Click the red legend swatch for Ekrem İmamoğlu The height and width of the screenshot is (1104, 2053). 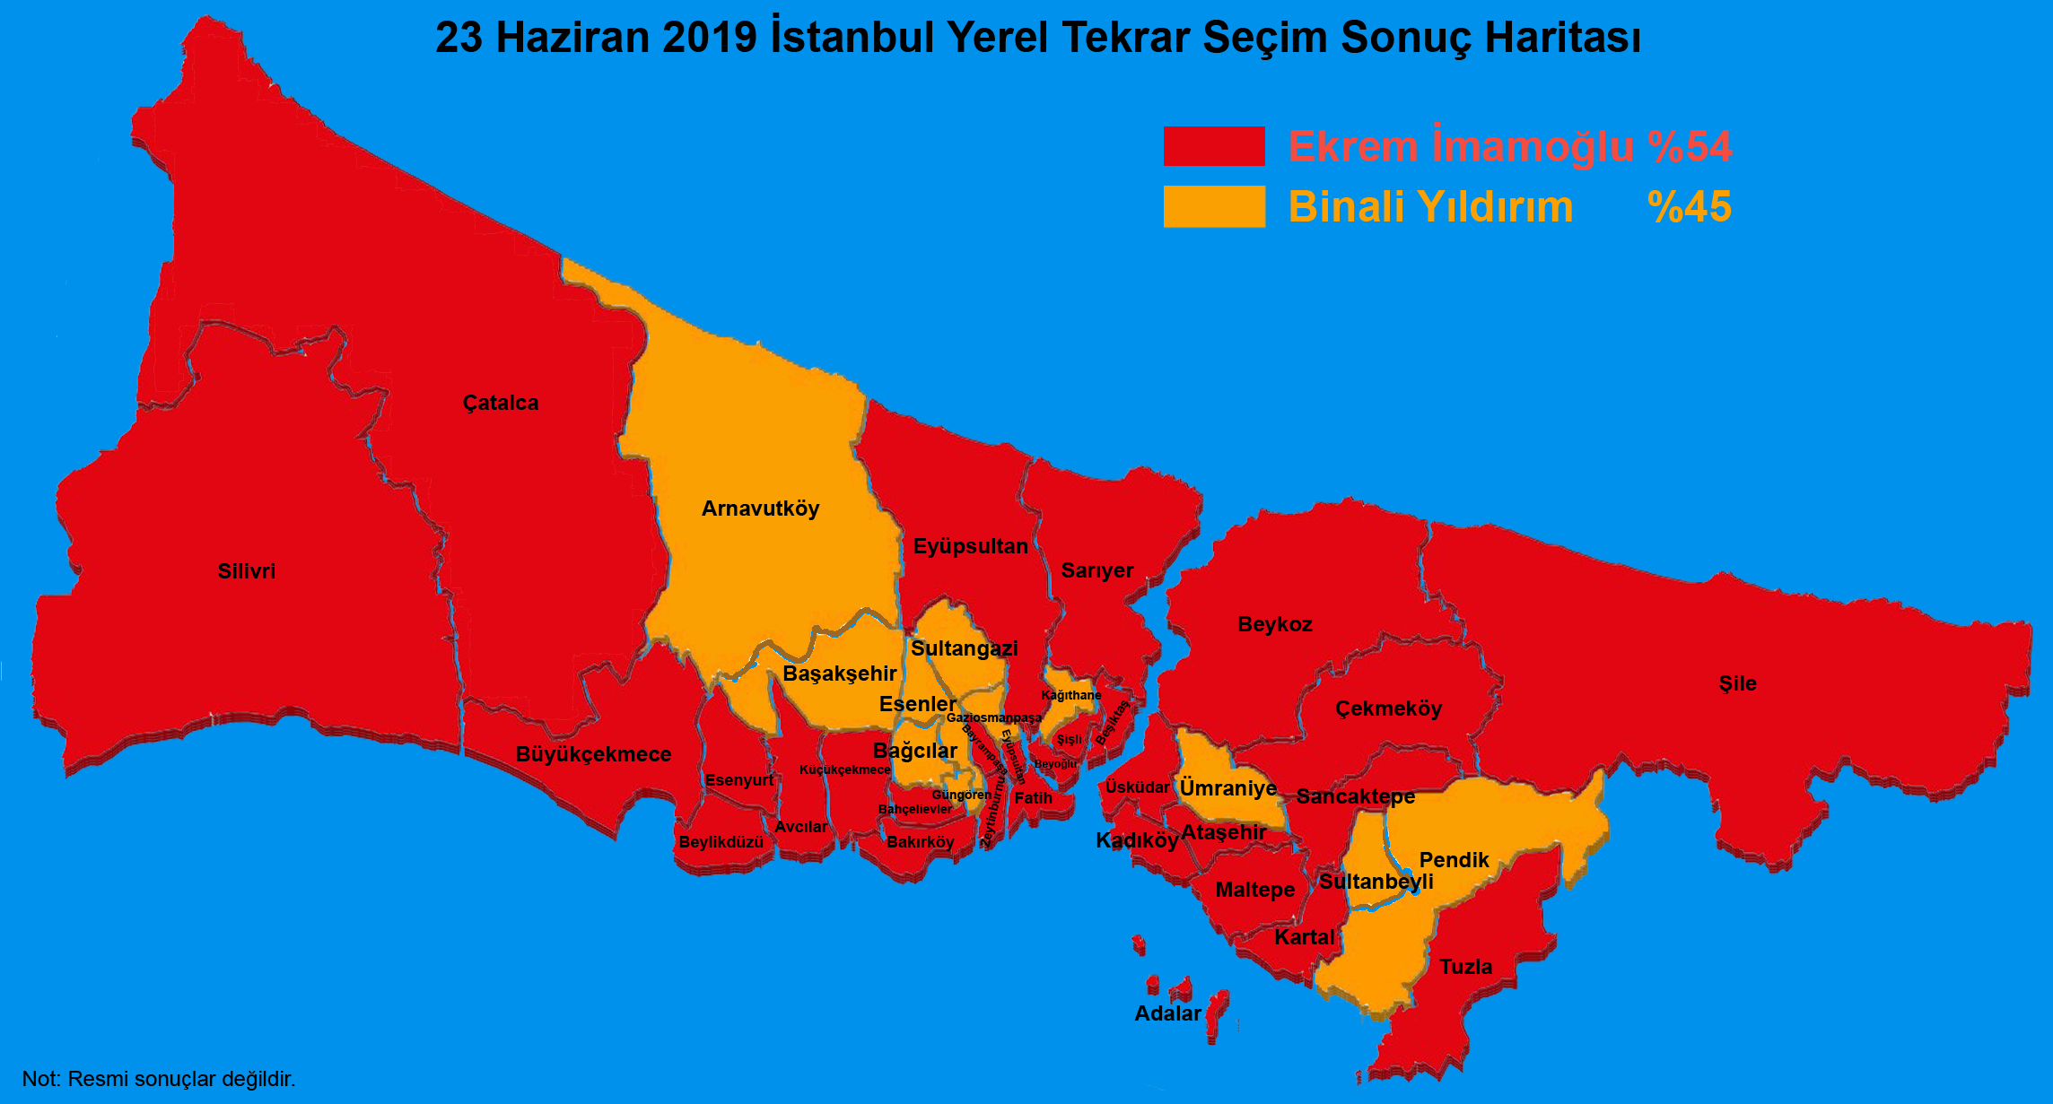click(1214, 146)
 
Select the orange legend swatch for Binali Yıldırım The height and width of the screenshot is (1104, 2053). click(1214, 206)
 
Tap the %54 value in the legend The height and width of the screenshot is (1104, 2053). click(1690, 147)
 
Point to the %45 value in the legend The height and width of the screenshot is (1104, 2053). click(1690, 207)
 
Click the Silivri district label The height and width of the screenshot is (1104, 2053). click(247, 571)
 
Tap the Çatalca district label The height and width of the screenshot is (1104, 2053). click(501, 403)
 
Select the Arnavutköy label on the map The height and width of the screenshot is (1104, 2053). click(760, 509)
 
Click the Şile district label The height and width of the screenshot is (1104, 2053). click(1737, 683)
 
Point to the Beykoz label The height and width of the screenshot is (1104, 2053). click(1275, 624)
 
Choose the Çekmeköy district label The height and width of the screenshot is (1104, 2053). click(1388, 708)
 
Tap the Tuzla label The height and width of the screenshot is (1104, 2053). click(1466, 967)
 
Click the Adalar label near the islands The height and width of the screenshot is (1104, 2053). click(1167, 1013)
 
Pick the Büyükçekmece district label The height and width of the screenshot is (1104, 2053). click(593, 754)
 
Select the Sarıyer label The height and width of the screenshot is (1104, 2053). click(1097, 570)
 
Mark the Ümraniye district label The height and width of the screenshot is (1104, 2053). click(1227, 788)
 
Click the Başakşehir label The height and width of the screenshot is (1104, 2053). click(840, 674)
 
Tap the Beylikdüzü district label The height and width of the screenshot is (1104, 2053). click(721, 842)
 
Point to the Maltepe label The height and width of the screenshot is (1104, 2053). click(1255, 890)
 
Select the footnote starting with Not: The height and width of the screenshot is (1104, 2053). click(159, 1079)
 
